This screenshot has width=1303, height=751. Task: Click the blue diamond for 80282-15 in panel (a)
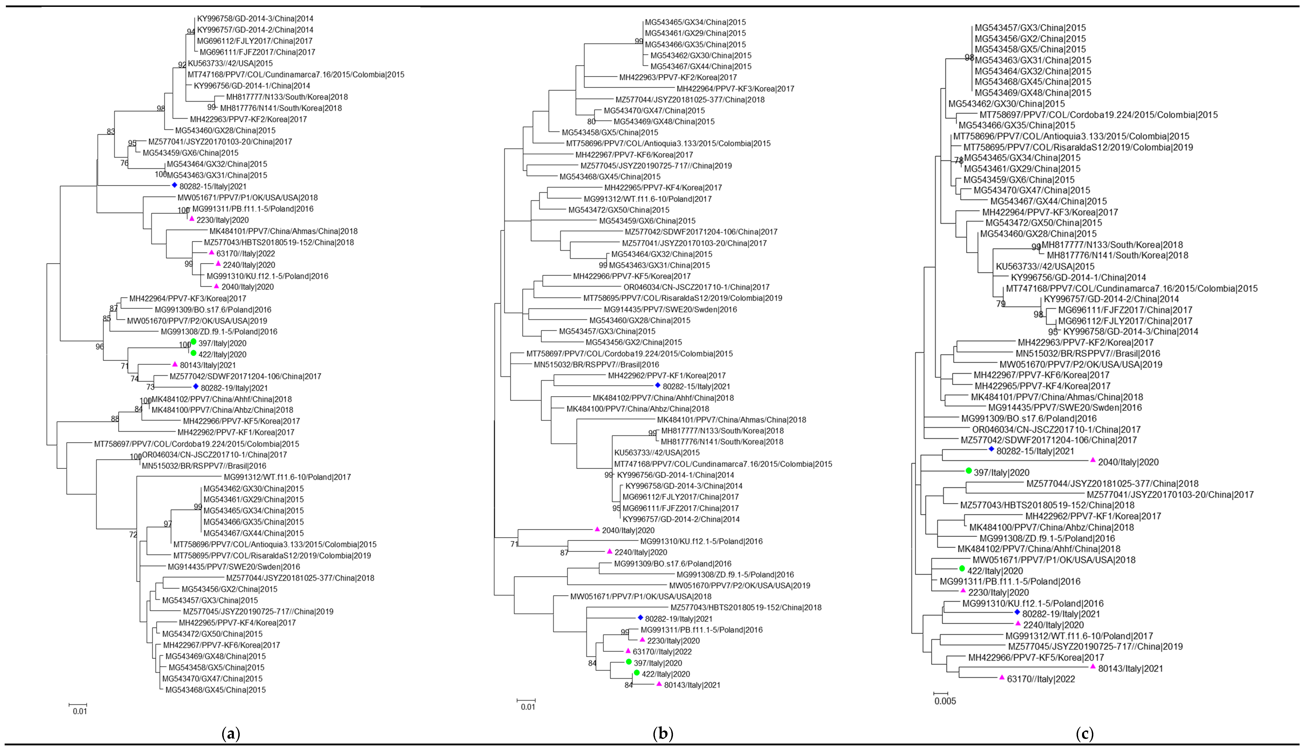(174, 186)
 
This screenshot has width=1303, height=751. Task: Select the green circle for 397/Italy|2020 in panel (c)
(969, 471)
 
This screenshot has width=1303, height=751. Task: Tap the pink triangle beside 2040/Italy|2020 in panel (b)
(597, 529)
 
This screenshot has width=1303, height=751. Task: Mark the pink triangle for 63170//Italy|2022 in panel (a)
(211, 253)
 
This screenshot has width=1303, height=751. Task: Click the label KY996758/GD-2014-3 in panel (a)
(255, 19)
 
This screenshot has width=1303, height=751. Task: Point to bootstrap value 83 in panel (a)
(110, 132)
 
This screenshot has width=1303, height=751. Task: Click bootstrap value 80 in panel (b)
(591, 122)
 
